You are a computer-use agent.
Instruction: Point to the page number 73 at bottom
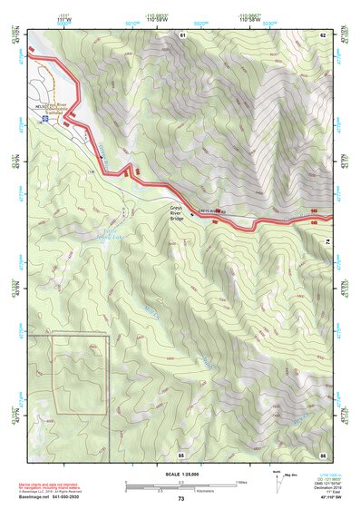tap(180, 499)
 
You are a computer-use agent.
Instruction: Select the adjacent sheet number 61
tap(182, 34)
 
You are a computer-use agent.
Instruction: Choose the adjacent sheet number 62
tap(323, 34)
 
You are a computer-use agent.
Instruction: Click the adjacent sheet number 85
tap(181, 454)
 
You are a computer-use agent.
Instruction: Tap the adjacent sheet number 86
tap(323, 454)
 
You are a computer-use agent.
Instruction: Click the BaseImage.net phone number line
tap(48, 497)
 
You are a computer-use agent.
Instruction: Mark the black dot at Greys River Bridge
tap(190, 215)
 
